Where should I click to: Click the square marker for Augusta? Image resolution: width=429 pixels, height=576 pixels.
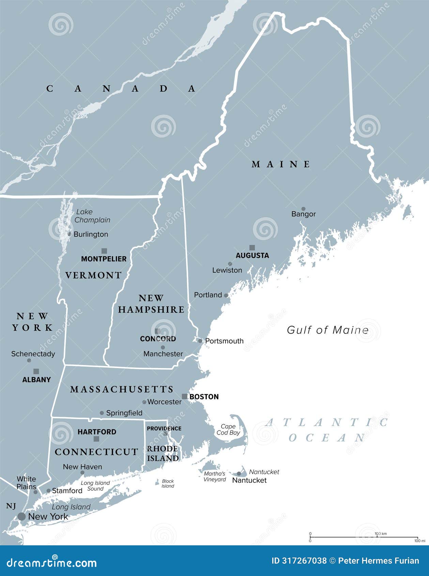pos(252,248)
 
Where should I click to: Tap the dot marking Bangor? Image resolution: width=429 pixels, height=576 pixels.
pos(303,209)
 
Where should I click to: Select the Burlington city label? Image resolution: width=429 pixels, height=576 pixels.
pos(91,234)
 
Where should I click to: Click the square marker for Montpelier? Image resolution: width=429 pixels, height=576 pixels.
pos(104,251)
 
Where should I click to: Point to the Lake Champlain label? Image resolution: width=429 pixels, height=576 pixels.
pos(92,216)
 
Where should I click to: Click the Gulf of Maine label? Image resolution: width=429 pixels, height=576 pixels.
pos(328,330)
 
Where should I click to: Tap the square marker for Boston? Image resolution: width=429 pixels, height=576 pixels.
pos(184,396)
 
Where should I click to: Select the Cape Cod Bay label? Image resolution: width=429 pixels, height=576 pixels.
pos(228,429)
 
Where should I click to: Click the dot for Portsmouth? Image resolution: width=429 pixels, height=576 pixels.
pos(200,340)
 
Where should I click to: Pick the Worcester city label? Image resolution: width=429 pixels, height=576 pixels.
pos(164,402)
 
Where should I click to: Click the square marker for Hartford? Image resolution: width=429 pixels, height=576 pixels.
pos(96,439)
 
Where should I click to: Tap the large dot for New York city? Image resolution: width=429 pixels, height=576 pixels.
pos(21,516)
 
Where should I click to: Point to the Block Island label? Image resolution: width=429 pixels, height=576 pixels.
pos(168,483)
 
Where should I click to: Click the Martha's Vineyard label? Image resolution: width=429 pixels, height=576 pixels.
pos(215,476)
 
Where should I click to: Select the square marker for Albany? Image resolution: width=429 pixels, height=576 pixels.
pos(36,372)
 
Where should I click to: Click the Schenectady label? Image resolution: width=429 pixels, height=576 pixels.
pos(33,354)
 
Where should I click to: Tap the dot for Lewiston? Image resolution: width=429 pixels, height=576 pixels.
pos(230,264)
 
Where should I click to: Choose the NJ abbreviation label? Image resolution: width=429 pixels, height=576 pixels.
pos(11,506)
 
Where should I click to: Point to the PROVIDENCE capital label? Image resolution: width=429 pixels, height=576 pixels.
pos(164,428)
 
